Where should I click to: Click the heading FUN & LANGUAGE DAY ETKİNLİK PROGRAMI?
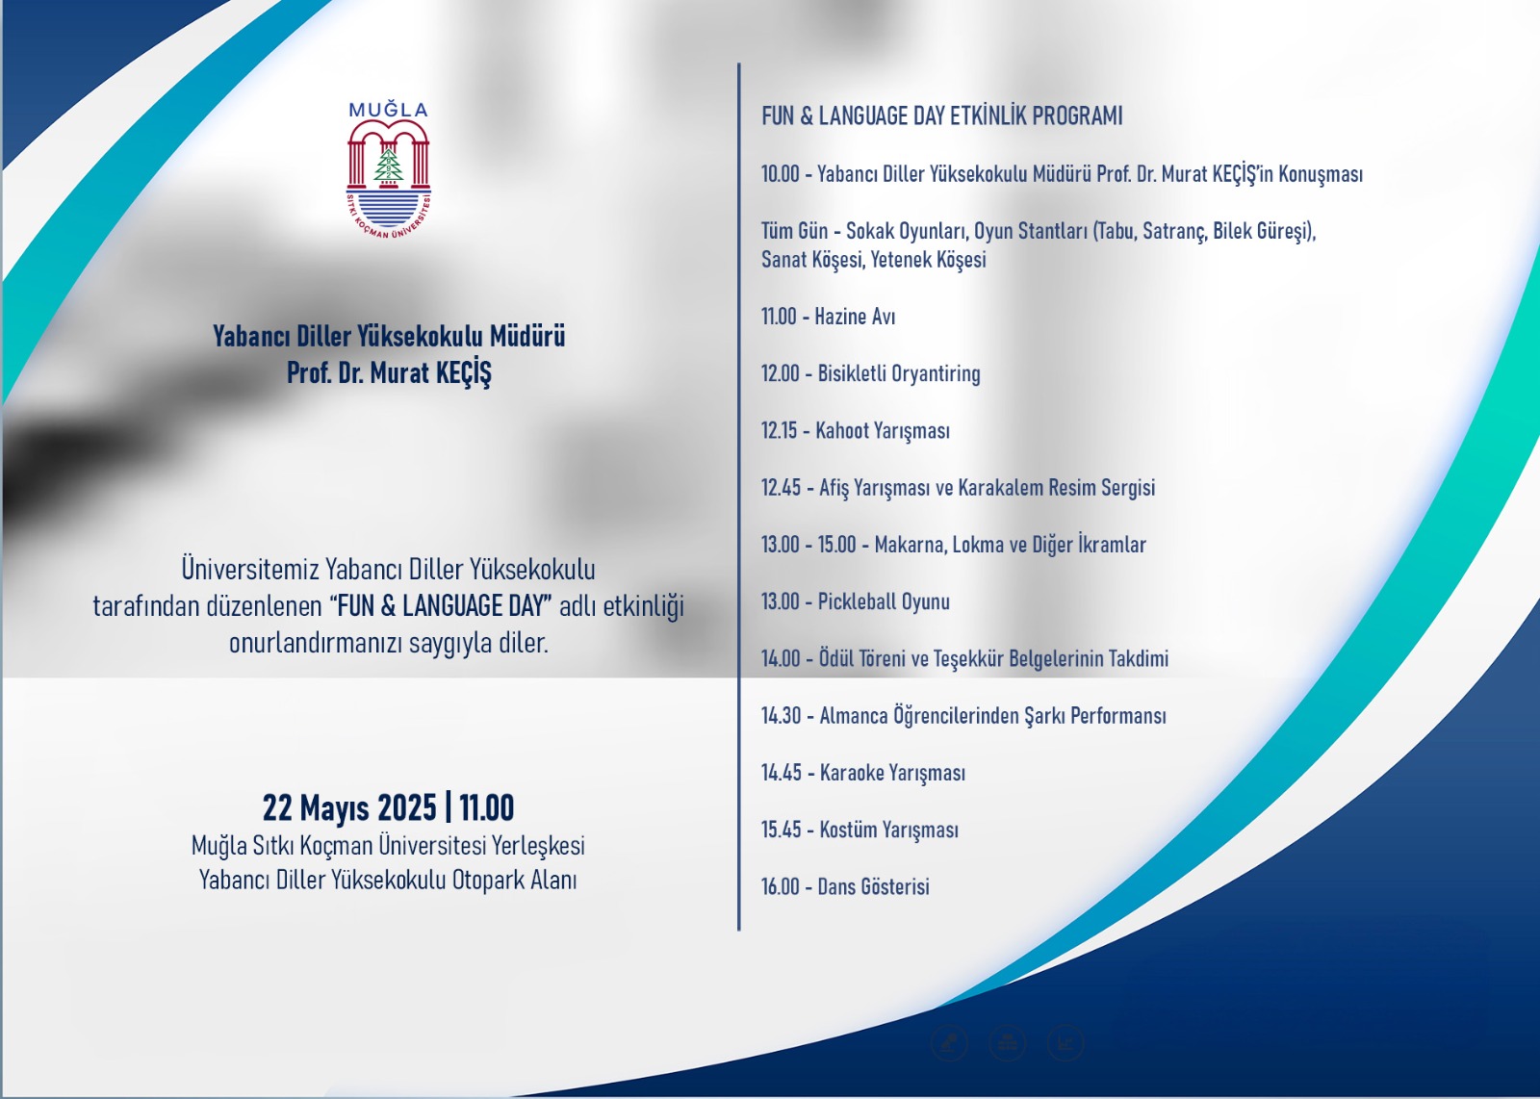(942, 115)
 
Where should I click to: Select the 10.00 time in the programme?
(781, 174)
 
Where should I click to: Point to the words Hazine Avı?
(855, 317)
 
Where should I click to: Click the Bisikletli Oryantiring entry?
(899, 374)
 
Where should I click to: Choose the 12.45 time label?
(781, 488)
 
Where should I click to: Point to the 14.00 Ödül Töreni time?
(781, 659)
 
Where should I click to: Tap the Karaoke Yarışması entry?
(892, 773)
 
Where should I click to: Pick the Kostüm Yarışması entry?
(889, 831)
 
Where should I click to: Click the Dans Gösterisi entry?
(873, 886)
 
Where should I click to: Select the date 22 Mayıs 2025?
(349, 807)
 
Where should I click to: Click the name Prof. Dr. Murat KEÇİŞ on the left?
(389, 373)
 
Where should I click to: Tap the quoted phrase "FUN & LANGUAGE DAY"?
(442, 606)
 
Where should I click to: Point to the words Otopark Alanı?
(514, 881)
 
